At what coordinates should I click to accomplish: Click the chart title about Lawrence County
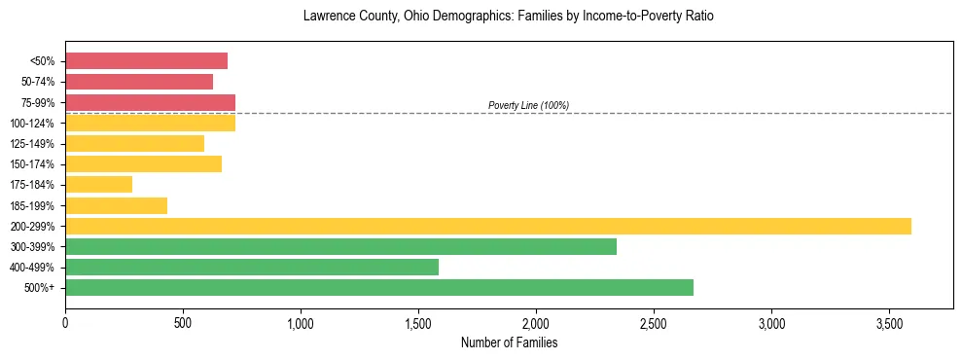pyautogui.click(x=508, y=17)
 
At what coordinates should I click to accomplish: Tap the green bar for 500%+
pyautogui.click(x=379, y=287)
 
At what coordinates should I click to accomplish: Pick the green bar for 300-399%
pyautogui.click(x=340, y=246)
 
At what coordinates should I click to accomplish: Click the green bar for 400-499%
pyautogui.click(x=252, y=267)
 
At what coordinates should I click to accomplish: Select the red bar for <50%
pyautogui.click(x=146, y=61)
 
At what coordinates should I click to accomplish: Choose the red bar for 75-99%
pyautogui.click(x=150, y=102)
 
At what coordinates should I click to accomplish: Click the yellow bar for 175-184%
pyautogui.click(x=98, y=185)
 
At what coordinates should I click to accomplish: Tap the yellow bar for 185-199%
pyautogui.click(x=116, y=205)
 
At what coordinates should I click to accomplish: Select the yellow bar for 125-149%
pyautogui.click(x=134, y=144)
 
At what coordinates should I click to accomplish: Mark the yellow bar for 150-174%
pyautogui.click(x=143, y=164)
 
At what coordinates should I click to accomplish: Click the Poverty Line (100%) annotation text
pyautogui.click(x=528, y=105)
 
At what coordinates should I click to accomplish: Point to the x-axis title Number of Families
pyautogui.click(x=509, y=342)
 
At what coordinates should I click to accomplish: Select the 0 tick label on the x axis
pyautogui.click(x=65, y=321)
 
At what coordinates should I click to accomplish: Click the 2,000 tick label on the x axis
pyautogui.click(x=536, y=321)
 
